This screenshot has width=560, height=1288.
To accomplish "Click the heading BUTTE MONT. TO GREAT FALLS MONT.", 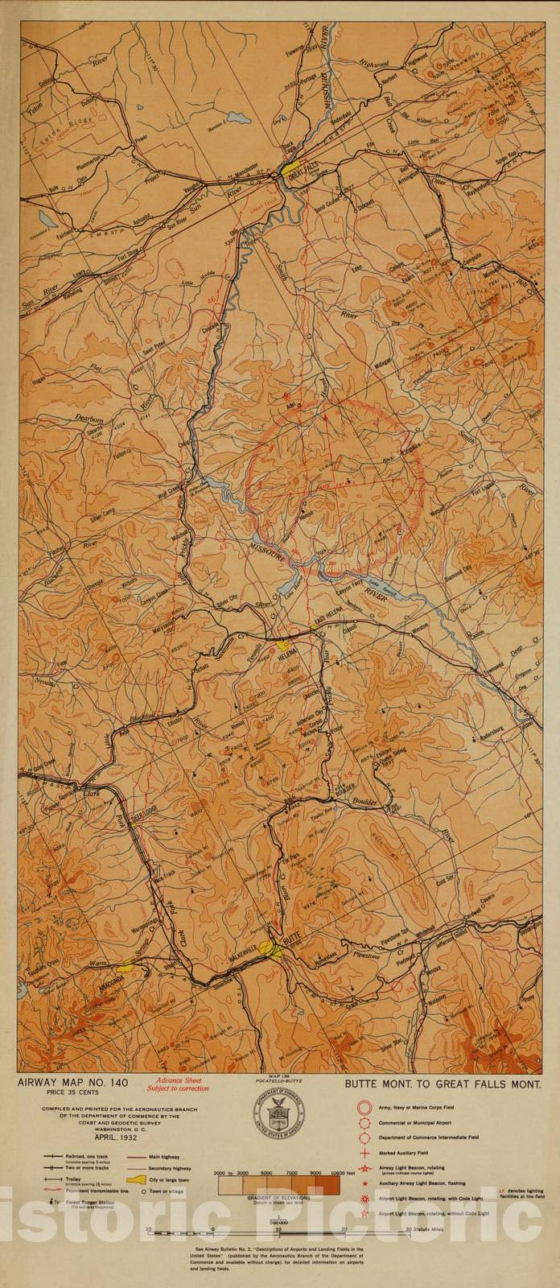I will [442, 1085].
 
